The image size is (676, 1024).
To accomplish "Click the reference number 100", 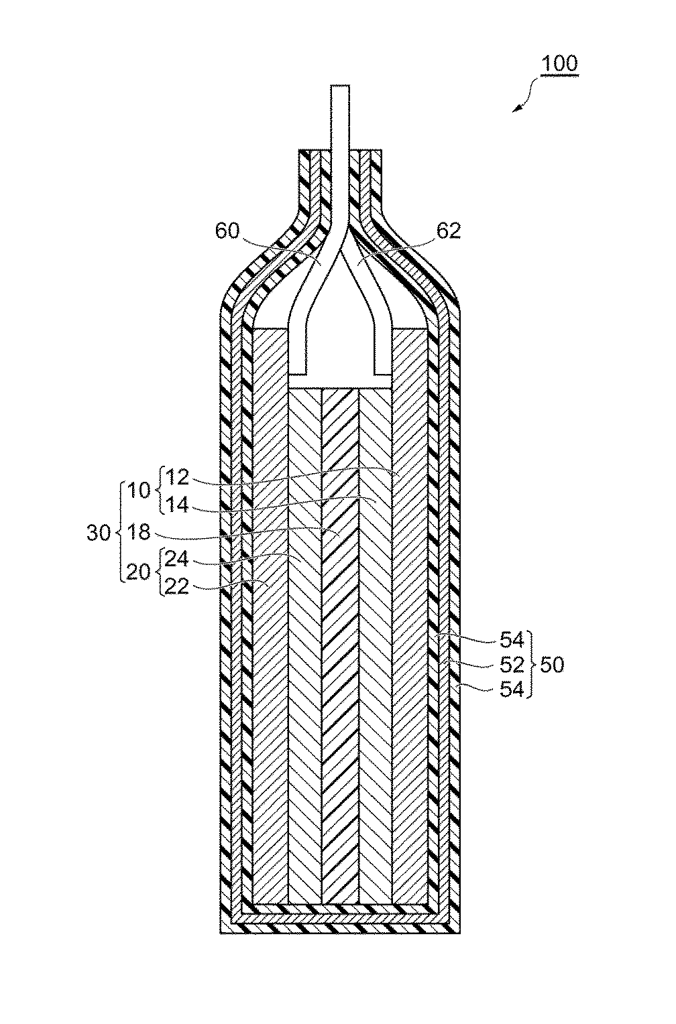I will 559,64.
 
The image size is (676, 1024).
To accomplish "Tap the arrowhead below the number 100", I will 517,109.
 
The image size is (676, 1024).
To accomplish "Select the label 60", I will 227,231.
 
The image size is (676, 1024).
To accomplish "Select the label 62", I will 449,231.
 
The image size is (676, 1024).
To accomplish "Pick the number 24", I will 176,559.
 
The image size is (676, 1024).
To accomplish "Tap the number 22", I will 176,586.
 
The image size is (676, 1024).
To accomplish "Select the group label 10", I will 139,491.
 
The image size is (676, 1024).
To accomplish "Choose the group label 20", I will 139,573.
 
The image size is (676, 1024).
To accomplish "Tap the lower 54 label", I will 512,690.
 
